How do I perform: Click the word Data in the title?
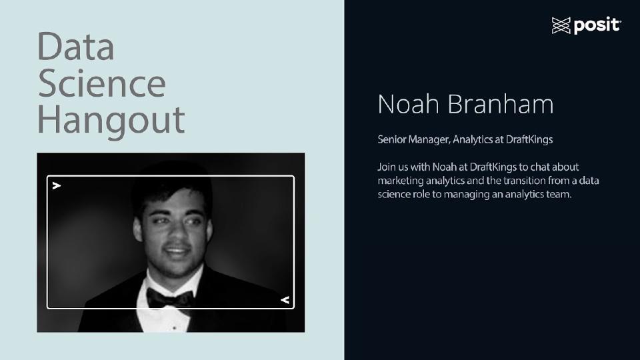coord(75,47)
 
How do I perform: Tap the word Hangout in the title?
coord(111,119)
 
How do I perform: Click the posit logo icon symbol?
coord(561,26)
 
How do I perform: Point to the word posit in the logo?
coord(597,26)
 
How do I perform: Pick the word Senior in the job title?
coord(391,140)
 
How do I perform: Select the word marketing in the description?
coord(400,181)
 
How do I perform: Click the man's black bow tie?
coord(169,297)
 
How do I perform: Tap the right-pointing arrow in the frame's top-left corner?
coord(57,185)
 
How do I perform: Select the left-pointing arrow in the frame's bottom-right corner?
coord(285,300)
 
